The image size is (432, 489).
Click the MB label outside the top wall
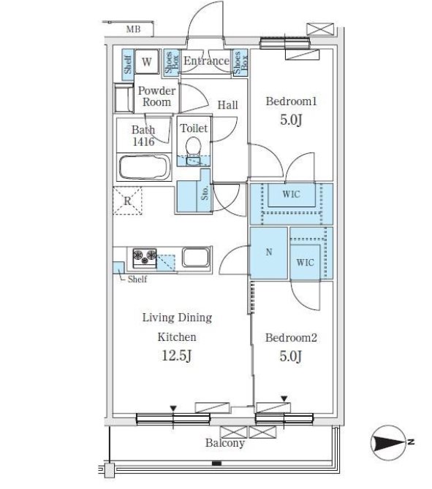pyautogui.click(x=133, y=29)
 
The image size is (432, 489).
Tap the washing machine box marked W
pyautogui.click(x=147, y=61)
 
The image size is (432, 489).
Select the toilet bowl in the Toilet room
pyautogui.click(x=194, y=146)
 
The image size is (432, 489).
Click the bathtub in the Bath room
pyautogui.click(x=145, y=167)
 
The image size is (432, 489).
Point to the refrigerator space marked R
pyautogui.click(x=127, y=201)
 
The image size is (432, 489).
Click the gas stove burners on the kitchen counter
pyautogui.click(x=145, y=258)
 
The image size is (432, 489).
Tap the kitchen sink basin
pyautogui.click(x=196, y=258)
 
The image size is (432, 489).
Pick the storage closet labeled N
pyautogui.click(x=269, y=253)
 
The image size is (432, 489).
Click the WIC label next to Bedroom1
pyautogui.click(x=291, y=194)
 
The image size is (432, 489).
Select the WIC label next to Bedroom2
pyautogui.click(x=305, y=262)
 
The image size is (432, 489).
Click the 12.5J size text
pyautogui.click(x=176, y=355)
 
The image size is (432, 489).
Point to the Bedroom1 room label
pyautogui.click(x=291, y=101)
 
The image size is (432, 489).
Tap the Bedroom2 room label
pyautogui.click(x=291, y=338)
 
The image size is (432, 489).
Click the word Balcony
pyautogui.click(x=225, y=443)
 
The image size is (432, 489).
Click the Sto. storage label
pyautogui.click(x=205, y=193)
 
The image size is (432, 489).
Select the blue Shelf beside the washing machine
pyautogui.click(x=128, y=64)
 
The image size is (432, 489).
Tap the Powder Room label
pyautogui.click(x=156, y=96)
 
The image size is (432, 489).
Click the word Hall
pyautogui.click(x=228, y=105)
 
